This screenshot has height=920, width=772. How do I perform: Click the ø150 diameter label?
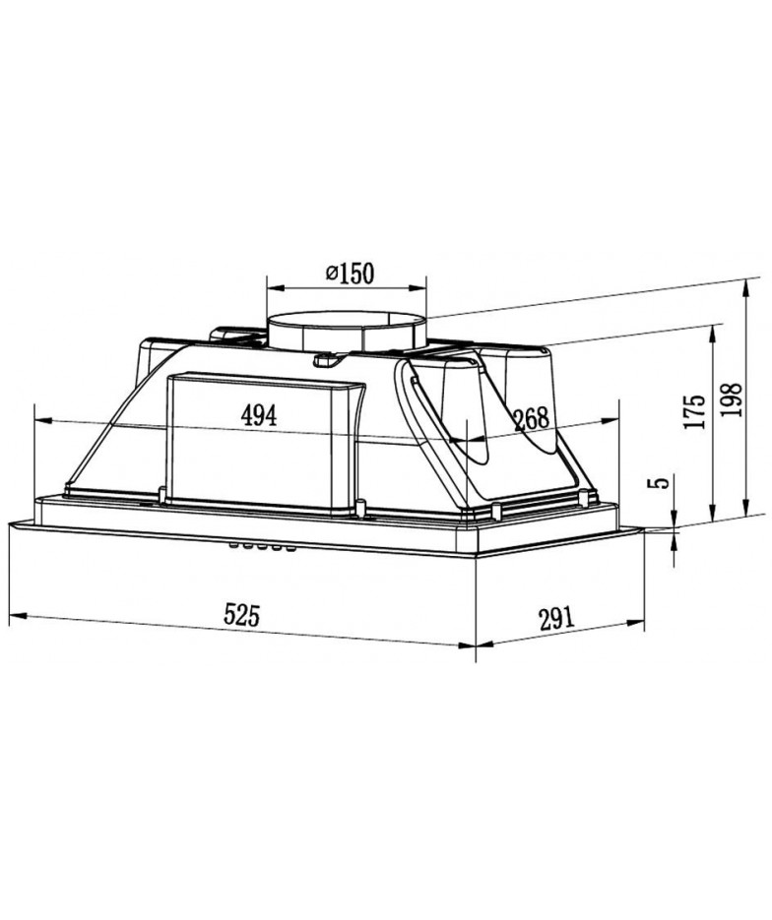click(350, 273)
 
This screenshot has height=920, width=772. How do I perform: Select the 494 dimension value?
click(258, 416)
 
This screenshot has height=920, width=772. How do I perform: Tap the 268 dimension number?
click(532, 418)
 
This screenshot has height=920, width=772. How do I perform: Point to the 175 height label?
click(694, 411)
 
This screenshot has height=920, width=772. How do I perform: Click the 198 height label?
click(731, 400)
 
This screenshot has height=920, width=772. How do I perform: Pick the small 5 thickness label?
click(662, 482)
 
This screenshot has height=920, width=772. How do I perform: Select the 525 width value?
click(241, 616)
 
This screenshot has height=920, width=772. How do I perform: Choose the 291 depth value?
click(554, 619)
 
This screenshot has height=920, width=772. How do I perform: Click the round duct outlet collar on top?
click(347, 333)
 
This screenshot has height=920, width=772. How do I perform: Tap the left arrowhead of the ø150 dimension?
click(275, 287)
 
